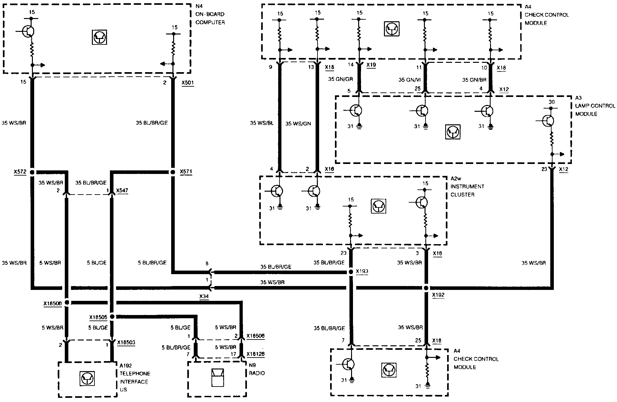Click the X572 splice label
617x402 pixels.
click(20, 172)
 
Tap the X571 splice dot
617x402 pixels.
click(172, 172)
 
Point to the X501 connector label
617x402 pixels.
click(187, 83)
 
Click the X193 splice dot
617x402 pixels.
click(351, 272)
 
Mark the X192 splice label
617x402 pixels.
click(438, 295)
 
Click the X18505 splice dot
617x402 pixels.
click(112, 317)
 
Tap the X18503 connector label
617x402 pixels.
click(126, 343)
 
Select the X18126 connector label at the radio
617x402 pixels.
click(256, 354)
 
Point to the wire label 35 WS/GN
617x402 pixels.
click(298, 123)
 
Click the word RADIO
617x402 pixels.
click(257, 373)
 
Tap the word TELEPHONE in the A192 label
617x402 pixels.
click(135, 374)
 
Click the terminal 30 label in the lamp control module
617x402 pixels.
click(551, 102)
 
